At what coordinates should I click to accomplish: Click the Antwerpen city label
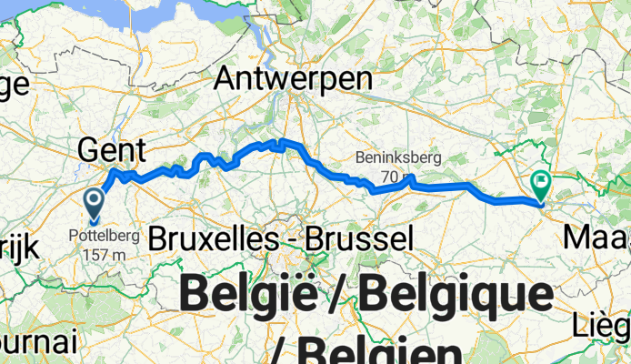pos(293,80)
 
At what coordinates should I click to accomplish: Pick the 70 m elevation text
pos(393,176)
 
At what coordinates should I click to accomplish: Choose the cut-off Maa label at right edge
pos(597,238)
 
